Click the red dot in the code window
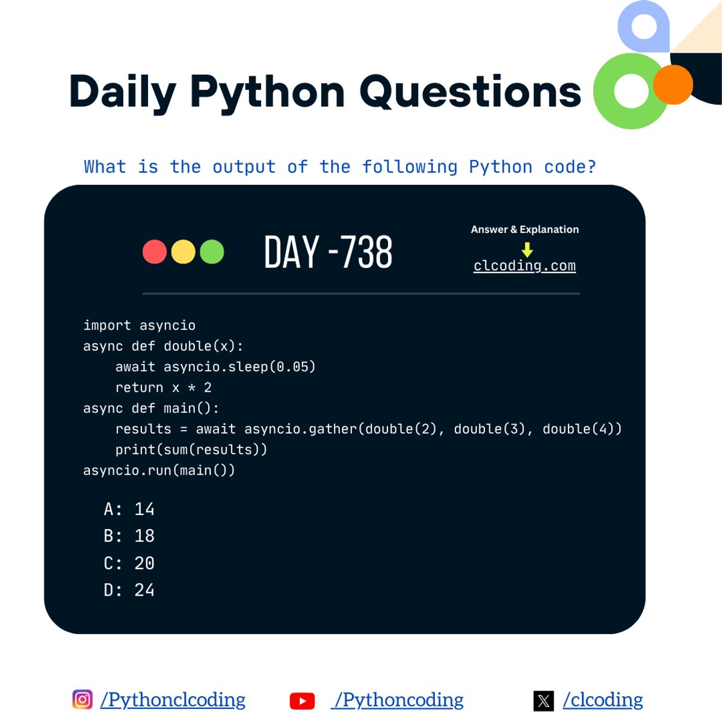click(155, 251)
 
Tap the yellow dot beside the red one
click(184, 251)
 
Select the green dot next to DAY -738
click(212, 251)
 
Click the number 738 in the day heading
click(366, 252)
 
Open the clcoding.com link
click(525, 266)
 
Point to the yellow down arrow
click(527, 250)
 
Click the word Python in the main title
click(267, 92)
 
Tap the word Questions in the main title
click(471, 92)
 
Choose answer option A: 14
click(129, 509)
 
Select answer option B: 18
click(129, 535)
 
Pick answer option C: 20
click(129, 563)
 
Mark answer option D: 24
click(129, 590)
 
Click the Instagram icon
click(82, 700)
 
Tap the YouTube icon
click(302, 701)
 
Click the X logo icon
click(543, 701)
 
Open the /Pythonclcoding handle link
click(173, 700)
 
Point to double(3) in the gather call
click(489, 429)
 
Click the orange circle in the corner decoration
click(673, 85)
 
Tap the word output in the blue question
click(244, 167)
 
